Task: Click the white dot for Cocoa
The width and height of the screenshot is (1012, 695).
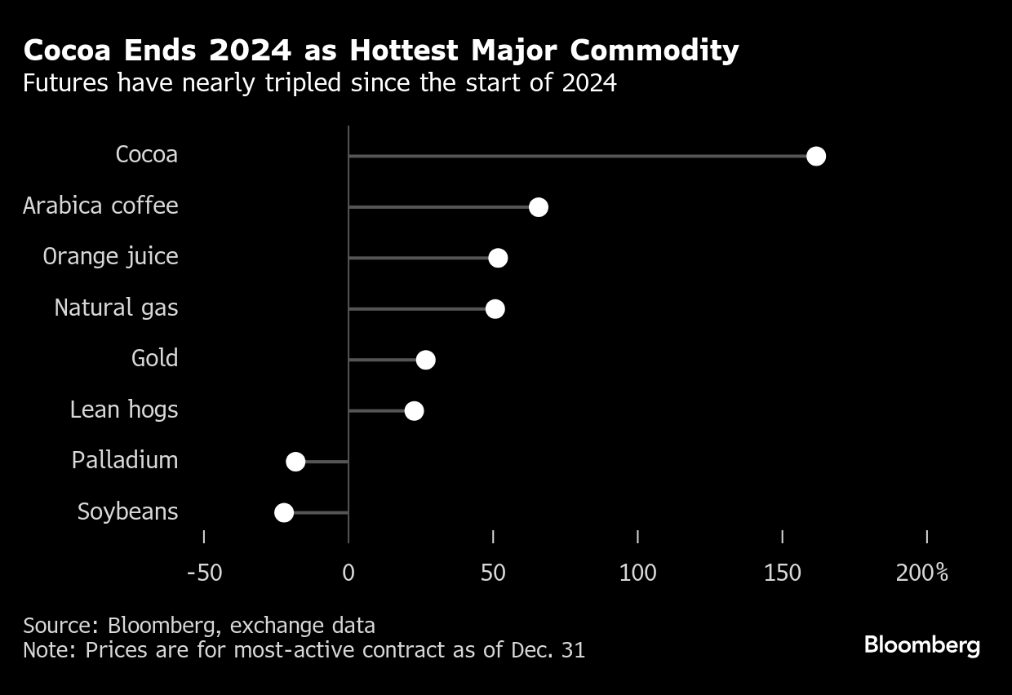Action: (x=816, y=157)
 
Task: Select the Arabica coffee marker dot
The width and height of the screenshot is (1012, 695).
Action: (x=539, y=207)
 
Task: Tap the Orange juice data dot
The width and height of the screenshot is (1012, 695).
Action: (x=498, y=258)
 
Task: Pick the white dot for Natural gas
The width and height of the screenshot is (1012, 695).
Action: (x=495, y=309)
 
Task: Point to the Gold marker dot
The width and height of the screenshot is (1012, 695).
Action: (x=425, y=360)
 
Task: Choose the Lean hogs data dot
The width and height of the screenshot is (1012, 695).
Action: (x=415, y=411)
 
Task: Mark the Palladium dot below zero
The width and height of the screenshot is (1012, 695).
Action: (x=295, y=462)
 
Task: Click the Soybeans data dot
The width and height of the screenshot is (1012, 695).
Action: (x=284, y=512)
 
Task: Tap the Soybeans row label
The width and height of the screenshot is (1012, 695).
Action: (x=128, y=512)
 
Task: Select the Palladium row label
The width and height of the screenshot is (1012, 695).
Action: (x=125, y=460)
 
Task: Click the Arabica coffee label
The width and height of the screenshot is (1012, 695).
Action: (x=100, y=206)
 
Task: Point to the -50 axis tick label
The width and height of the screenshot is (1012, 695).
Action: (x=204, y=573)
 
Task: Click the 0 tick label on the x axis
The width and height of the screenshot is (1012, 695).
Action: (x=348, y=573)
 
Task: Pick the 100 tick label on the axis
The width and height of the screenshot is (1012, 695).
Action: (x=637, y=573)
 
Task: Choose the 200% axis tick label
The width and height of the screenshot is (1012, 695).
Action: (x=922, y=573)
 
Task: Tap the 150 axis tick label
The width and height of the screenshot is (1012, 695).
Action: (x=782, y=573)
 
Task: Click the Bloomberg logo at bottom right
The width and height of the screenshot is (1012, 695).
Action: (x=922, y=646)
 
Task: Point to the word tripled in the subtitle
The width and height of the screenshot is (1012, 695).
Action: (x=303, y=83)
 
